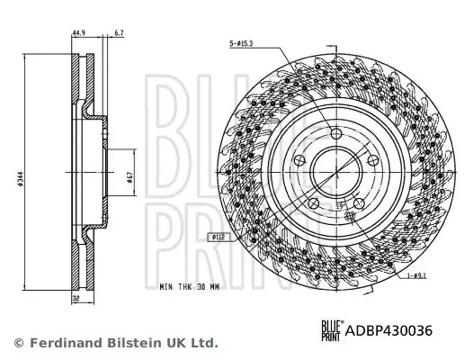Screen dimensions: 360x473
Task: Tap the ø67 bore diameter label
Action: click(131, 177)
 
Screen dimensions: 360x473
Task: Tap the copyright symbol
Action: click(18, 343)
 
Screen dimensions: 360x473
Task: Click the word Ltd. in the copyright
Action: click(204, 343)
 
